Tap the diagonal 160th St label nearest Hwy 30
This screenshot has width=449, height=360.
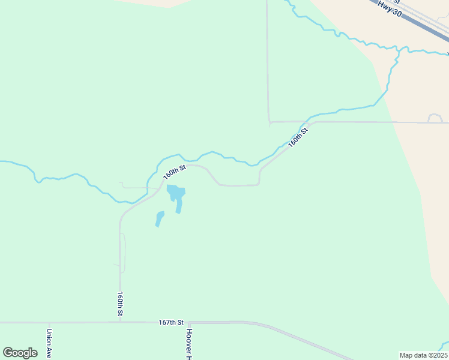(298, 137)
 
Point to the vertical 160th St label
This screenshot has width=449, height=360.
(120, 304)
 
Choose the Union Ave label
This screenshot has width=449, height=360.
(50, 341)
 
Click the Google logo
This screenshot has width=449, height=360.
(20, 352)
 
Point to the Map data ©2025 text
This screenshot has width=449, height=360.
(423, 355)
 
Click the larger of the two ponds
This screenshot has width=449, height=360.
(176, 194)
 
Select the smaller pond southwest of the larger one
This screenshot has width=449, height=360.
(159, 218)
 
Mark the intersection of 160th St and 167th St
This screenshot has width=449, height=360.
(120, 322)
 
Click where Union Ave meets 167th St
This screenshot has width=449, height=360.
(50, 322)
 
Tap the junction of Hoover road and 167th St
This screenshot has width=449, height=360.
(188, 322)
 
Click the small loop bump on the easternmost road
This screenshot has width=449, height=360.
(435, 116)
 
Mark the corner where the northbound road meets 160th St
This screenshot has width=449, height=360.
(270, 122)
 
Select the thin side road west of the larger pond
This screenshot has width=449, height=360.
(135, 187)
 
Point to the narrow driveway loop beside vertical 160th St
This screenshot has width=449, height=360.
(124, 252)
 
